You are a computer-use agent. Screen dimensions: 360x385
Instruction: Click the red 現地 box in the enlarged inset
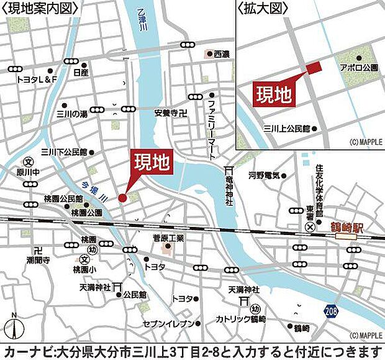[x=274, y=94]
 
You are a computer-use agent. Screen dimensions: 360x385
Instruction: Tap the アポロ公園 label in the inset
[x=353, y=66]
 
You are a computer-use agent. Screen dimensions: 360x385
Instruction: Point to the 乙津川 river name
[x=144, y=19]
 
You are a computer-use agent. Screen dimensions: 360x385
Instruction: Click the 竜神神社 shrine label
[x=229, y=193]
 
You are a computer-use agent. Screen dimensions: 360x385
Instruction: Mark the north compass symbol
[x=14, y=328]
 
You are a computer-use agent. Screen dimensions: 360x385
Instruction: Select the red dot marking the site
[x=122, y=198]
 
